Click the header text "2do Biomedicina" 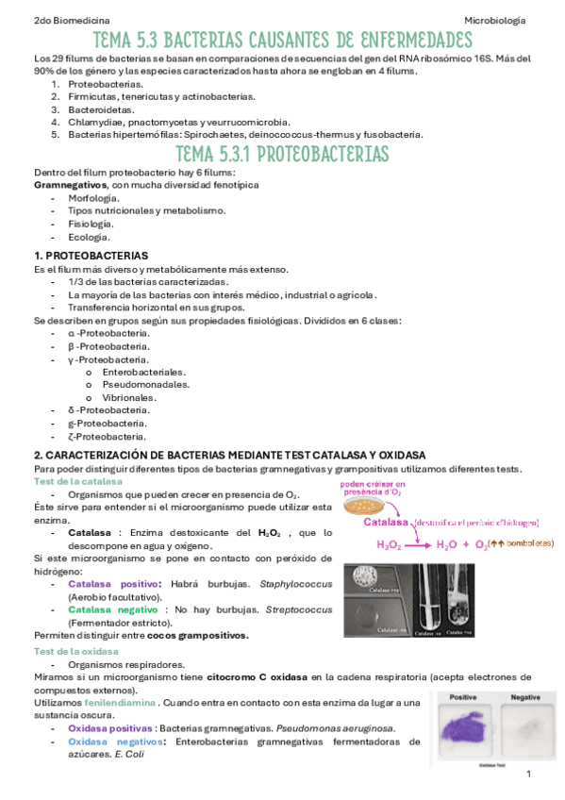(44, 19)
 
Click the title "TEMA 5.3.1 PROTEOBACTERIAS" (283, 154)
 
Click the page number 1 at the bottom (529, 774)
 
